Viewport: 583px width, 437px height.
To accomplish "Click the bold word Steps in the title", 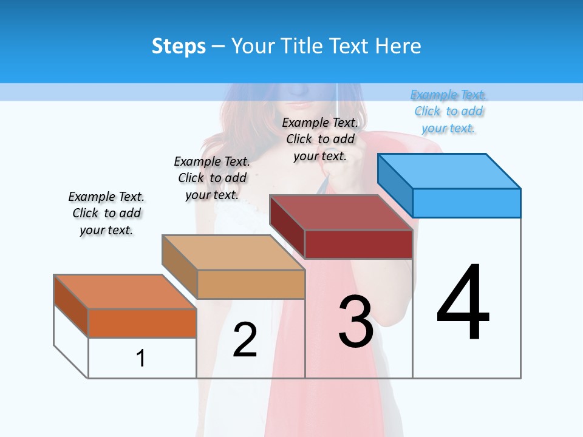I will (179, 46).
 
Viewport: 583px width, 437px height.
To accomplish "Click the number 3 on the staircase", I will (356, 322).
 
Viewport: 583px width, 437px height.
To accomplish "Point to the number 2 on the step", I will (245, 340).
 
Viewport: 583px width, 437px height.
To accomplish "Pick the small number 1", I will (141, 358).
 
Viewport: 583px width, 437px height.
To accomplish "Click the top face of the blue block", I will (449, 171).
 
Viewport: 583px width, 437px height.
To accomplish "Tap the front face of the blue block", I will (466, 203).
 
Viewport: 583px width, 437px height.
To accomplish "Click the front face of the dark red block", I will (358, 244).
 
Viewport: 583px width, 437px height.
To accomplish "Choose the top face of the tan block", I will (233, 252).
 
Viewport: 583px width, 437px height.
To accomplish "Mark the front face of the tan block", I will (251, 284).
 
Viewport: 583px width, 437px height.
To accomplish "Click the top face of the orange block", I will (125, 292).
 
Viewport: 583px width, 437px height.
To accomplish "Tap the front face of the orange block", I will (142, 323).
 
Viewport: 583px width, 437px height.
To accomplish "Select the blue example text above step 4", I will (449, 111).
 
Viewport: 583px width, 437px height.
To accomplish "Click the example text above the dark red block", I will (320, 139).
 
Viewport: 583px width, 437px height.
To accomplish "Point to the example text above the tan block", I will (212, 178).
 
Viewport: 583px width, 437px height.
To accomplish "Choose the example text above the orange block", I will (106, 213).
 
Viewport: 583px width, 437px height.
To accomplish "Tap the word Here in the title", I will (398, 46).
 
